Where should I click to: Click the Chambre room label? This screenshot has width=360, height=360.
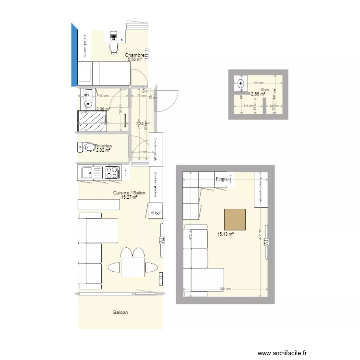[x=135, y=55]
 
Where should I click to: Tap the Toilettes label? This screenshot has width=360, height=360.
[x=103, y=146]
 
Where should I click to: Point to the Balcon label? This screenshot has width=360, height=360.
[x=120, y=312]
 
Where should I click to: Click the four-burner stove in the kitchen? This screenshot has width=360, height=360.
[x=113, y=172]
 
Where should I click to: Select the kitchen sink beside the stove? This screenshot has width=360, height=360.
[x=88, y=172]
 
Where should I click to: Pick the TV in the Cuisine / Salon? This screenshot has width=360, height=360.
[x=161, y=240]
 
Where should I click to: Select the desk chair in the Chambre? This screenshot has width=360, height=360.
[x=114, y=47]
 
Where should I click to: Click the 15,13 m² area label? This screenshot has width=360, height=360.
[x=225, y=234]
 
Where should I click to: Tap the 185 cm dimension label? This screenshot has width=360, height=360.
[x=258, y=83]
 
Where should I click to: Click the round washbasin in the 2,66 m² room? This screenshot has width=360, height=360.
[x=240, y=83]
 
